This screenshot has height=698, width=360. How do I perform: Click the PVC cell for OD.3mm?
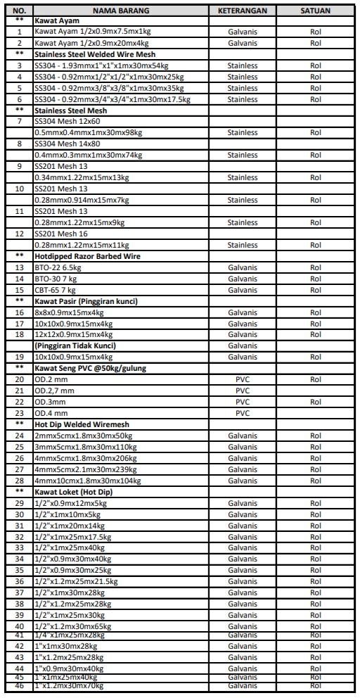pos(243,402)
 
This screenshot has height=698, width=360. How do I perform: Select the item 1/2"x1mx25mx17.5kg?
pos(73,537)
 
